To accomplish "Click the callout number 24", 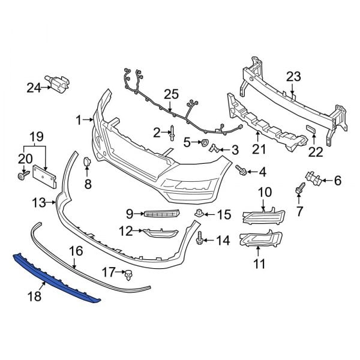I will coord(33,88).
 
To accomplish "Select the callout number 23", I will coord(293,76).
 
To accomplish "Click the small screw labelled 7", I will coord(298,190).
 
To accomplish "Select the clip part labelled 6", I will coord(311,178).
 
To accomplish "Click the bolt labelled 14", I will coord(199,240).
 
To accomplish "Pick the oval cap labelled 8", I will coord(86,161).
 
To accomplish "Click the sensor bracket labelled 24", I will coord(59,85).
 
